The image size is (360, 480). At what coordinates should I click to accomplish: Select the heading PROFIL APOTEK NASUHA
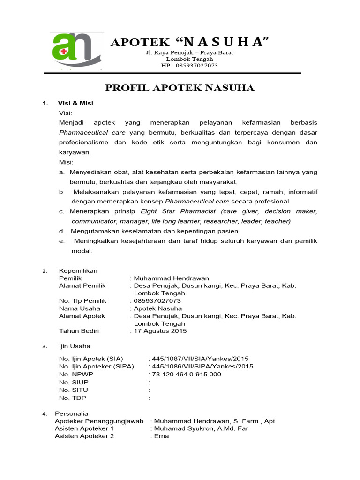click(180, 88)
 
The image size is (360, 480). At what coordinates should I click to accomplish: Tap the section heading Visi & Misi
click(75, 103)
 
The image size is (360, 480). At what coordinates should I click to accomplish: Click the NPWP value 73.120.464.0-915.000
click(187, 374)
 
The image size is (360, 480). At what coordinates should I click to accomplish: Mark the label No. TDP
click(73, 397)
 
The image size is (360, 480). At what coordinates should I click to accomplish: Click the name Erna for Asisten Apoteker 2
click(161, 436)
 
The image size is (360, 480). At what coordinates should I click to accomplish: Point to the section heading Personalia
click(71, 413)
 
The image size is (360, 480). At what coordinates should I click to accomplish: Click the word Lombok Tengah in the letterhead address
click(190, 59)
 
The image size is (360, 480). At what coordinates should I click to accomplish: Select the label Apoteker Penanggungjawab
click(99, 421)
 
